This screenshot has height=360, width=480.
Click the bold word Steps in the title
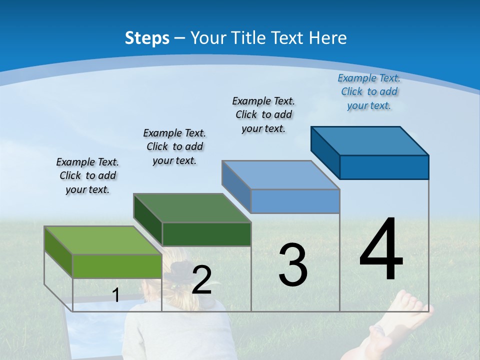147,38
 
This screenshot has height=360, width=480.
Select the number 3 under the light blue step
293,264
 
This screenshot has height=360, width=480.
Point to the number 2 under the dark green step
201,280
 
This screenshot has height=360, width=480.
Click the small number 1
116,295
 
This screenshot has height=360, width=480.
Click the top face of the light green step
103,240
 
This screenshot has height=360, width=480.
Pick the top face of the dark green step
192,208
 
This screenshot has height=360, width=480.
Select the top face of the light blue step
281,175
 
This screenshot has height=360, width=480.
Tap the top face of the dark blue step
370,141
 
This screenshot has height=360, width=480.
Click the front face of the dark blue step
384,167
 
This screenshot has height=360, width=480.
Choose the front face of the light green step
117,266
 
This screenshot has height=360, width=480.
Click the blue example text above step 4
369,92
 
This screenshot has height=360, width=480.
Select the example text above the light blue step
263,114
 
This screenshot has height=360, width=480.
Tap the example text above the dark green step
174,146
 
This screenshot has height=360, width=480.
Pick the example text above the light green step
87,175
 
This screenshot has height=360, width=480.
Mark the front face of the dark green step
206,234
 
